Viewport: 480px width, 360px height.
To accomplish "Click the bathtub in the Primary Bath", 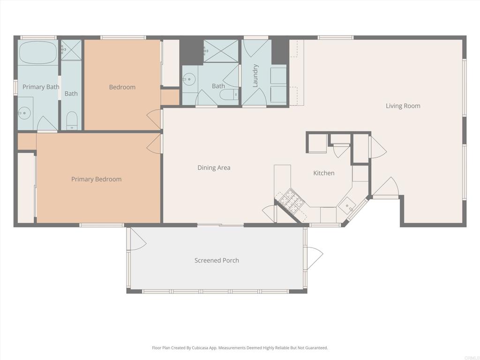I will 38,53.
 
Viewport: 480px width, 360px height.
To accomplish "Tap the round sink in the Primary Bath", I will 24,113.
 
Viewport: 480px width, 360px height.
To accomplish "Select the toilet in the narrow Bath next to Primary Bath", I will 71,120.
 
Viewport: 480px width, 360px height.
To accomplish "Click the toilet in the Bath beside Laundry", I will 229,95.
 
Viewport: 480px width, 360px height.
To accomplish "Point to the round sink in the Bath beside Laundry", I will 188,80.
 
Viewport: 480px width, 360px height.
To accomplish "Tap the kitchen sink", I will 347,205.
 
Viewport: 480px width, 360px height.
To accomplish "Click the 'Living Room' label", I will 403,106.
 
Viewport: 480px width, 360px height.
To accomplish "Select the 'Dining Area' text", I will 214,168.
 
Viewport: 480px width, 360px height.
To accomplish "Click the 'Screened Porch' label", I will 217,261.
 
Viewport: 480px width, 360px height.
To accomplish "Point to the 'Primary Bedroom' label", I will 96,179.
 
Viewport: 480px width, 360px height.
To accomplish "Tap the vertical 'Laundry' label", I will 255,75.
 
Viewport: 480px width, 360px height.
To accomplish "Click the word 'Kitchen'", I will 324,173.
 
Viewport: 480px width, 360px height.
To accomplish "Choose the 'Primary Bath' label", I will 41,87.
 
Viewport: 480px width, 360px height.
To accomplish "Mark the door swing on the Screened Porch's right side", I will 315,257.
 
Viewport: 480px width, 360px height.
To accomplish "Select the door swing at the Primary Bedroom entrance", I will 154,144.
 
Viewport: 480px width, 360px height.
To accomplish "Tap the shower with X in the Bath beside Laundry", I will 221,51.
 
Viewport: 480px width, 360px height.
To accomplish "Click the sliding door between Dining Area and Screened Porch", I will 220,225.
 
